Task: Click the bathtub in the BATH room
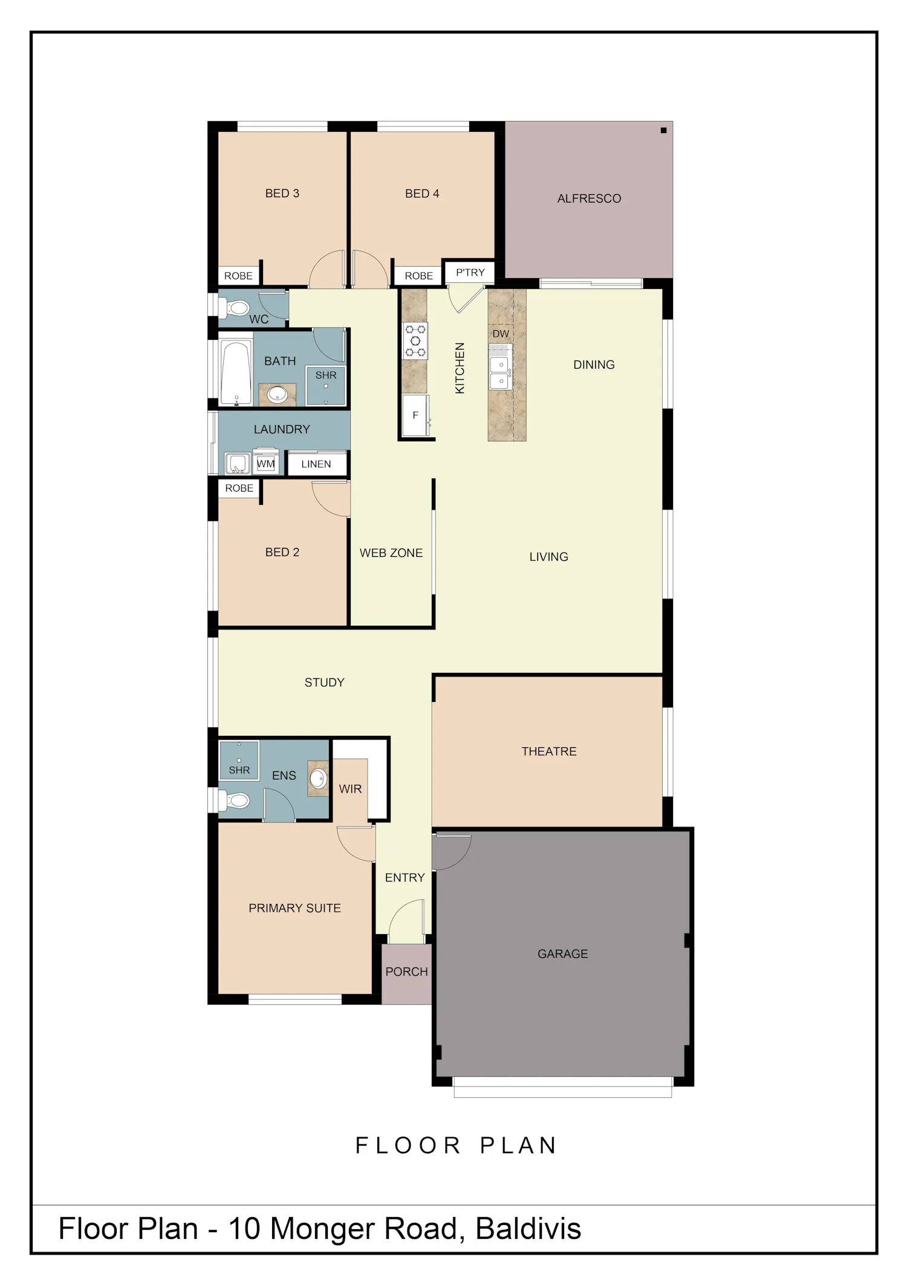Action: point(236,373)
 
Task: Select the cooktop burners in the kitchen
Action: point(415,340)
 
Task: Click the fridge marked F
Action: point(415,415)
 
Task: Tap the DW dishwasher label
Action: point(501,334)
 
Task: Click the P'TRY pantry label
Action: point(470,273)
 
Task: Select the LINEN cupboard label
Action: point(316,464)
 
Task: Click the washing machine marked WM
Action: point(266,464)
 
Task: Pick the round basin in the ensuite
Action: point(318,778)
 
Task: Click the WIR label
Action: point(351,789)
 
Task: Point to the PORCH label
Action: point(407,972)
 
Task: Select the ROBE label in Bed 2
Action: point(239,488)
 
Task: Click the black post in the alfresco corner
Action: point(663,131)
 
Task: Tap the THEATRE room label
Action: point(549,752)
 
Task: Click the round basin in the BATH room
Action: point(278,394)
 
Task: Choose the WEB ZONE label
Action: point(391,553)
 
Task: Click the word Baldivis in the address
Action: point(528,1229)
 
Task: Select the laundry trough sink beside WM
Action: point(238,464)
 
